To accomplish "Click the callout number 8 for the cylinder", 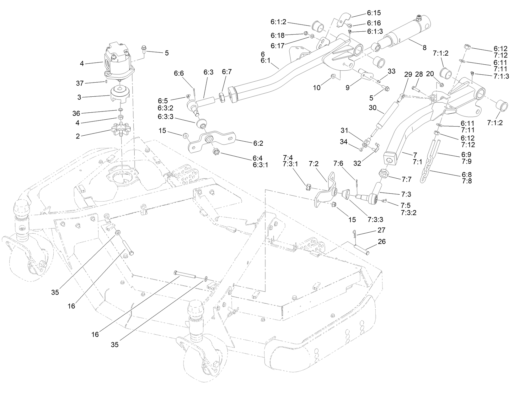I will coord(424,48).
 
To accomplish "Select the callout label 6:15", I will coord(373,13).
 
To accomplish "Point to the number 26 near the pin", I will coord(382,242).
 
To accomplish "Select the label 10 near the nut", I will coord(317,88).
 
